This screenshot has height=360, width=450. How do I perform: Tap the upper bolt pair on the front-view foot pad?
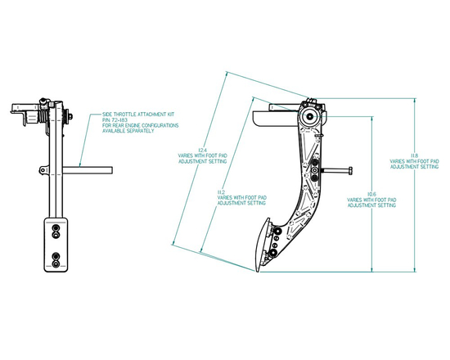55,233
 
